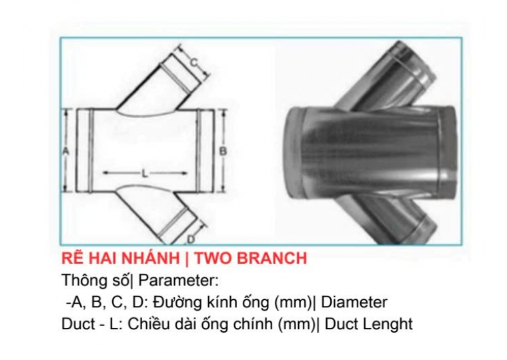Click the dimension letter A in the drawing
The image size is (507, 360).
click(x=65, y=151)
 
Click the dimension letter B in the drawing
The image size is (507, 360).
click(x=223, y=151)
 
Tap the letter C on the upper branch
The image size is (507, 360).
click(x=193, y=62)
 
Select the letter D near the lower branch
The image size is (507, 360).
click(x=191, y=239)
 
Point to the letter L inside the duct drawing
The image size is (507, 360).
click(x=145, y=173)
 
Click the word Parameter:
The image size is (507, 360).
click(x=179, y=281)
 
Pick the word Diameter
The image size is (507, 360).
click(x=354, y=303)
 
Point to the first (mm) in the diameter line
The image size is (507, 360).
click(x=294, y=303)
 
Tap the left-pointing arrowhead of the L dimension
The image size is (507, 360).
click(x=106, y=173)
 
